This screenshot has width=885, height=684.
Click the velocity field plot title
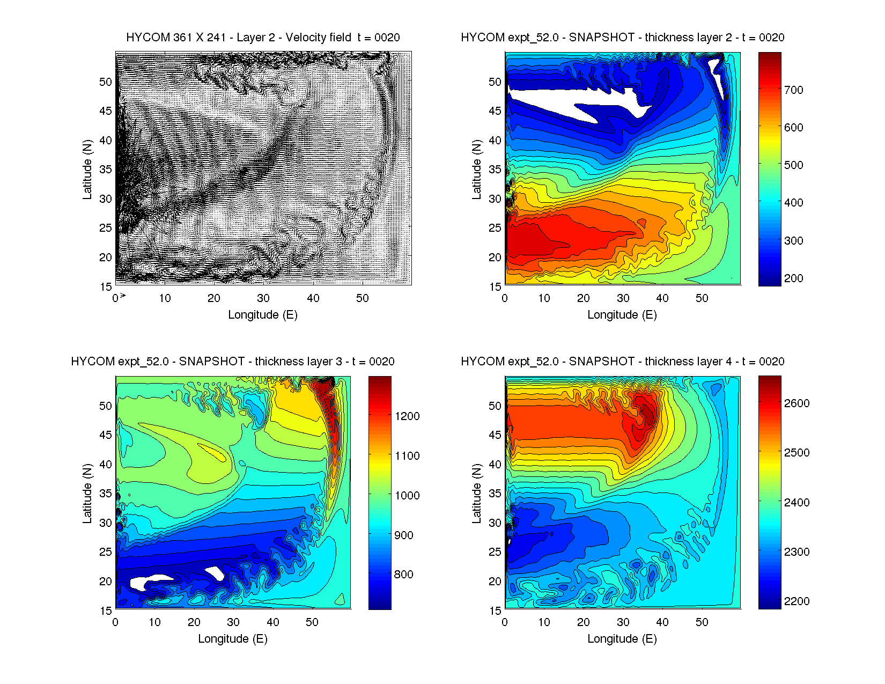tap(263, 38)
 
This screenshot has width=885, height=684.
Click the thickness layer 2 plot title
tap(622, 38)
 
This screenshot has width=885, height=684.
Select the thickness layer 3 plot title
tap(233, 362)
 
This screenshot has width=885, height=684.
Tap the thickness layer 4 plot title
tap(622, 362)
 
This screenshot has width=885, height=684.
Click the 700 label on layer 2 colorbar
tap(793, 90)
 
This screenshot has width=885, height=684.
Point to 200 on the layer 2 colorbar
tap(793, 278)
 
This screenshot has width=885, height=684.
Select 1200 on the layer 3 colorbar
tap(407, 416)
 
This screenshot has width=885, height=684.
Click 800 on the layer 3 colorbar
tap(403, 575)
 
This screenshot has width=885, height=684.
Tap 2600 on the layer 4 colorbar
tap(796, 403)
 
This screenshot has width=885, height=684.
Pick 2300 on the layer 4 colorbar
tap(796, 552)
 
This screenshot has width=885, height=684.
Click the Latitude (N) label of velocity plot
tap(87, 170)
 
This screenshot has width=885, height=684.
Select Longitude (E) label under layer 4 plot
tap(622, 639)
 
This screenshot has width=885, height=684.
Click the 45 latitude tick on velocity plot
tap(106, 111)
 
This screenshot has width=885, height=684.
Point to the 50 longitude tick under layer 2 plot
tap(702, 298)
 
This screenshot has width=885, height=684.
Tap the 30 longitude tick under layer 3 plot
tap(233, 622)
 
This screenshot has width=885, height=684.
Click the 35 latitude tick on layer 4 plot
tap(495, 494)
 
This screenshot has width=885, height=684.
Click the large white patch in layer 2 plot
tap(569, 105)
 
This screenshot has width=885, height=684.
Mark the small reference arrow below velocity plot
tap(123, 296)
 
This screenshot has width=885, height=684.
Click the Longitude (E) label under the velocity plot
tap(263, 315)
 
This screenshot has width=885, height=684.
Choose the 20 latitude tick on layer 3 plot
tap(106, 582)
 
